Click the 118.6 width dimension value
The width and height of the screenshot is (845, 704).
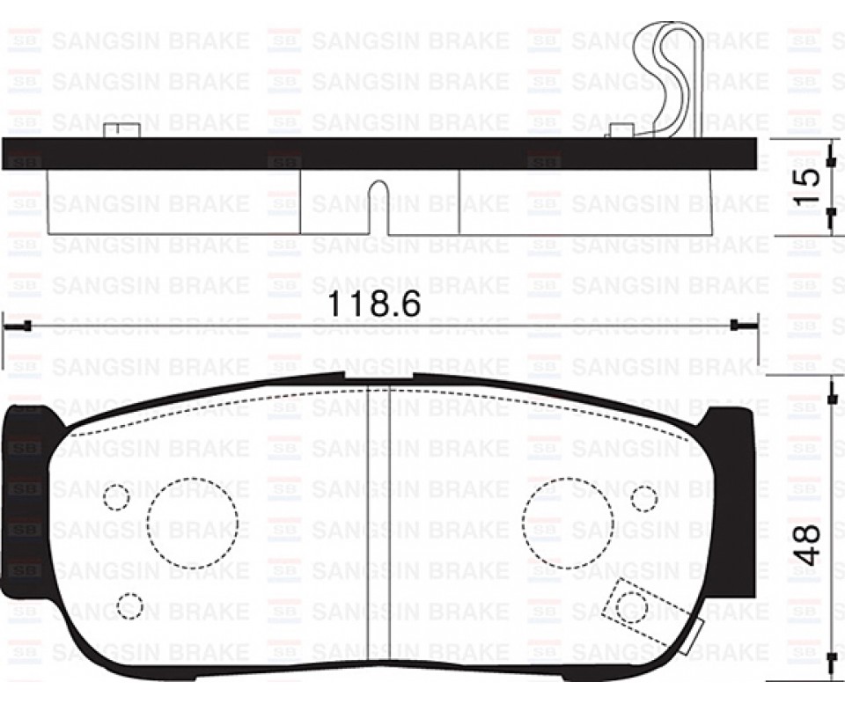coord(373,304)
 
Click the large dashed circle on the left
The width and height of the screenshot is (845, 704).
coord(193,523)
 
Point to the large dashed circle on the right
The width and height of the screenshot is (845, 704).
coord(568,523)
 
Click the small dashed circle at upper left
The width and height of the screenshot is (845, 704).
coord(116,497)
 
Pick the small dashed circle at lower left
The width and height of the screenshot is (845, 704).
coord(130,605)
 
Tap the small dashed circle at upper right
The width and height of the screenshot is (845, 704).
coord(644,498)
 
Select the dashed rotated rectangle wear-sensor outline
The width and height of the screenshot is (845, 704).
coord(651,615)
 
